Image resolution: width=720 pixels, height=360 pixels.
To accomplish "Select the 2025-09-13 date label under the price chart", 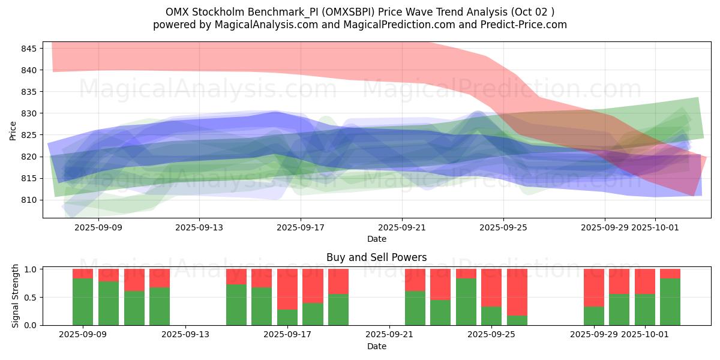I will [199, 228].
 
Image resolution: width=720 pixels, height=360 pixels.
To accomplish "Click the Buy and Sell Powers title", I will [376, 257].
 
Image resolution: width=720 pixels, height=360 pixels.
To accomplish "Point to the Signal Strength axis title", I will [16, 296].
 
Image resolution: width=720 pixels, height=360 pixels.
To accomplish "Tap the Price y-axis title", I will [13, 130].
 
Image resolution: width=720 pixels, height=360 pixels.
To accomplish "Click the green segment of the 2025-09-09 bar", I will [83, 302].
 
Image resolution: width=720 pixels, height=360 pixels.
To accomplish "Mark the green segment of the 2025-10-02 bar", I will [670, 302].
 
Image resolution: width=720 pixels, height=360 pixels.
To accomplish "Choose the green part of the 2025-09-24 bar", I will [466, 302].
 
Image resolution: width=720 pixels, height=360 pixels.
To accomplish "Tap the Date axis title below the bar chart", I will [376, 346].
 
